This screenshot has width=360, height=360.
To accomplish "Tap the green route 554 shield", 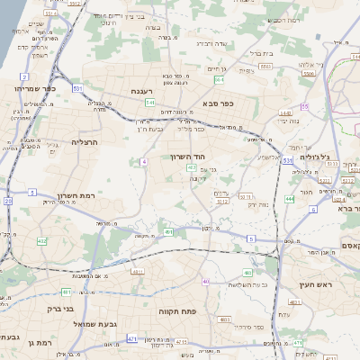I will click(220, 80).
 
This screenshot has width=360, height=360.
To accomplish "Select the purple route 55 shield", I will click(305, 106).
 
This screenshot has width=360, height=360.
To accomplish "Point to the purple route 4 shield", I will click(143, 161).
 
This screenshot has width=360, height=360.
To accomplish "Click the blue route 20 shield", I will click(7, 202).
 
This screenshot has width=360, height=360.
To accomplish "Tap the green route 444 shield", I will click(290, 198).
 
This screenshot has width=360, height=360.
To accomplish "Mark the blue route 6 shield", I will click(314, 209).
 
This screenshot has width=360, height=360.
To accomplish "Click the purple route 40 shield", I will click(205, 282).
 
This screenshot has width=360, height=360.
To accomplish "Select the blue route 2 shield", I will click(32, 192).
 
